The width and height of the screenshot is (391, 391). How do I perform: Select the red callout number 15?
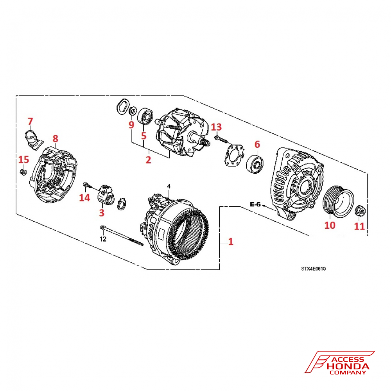click(24, 160)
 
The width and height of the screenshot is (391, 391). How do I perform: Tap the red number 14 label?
click(84, 198)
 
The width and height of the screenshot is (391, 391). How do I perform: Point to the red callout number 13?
click(216, 127)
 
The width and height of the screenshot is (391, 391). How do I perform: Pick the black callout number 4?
click(169, 185)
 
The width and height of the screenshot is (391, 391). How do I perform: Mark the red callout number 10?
click(330, 225)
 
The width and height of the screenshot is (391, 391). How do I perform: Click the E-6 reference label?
click(255, 204)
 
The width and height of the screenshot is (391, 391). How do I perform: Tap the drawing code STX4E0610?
click(313, 269)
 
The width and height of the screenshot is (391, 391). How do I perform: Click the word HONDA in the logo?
click(348, 366)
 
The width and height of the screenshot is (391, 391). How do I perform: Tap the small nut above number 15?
click(23, 172)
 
